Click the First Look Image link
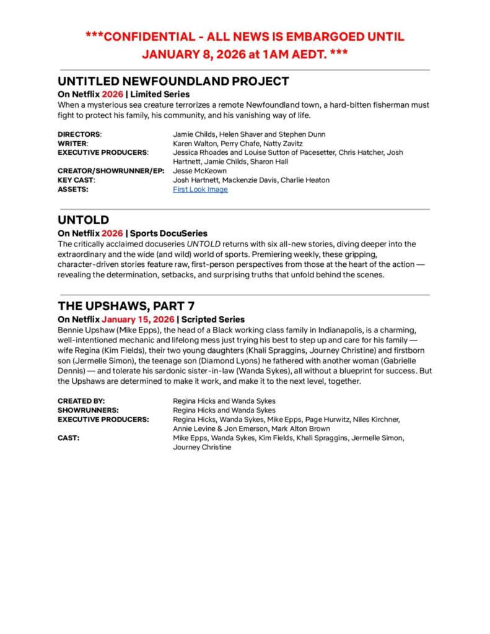pyautogui.click(x=200, y=189)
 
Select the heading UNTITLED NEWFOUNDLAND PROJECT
pyautogui.click(x=173, y=81)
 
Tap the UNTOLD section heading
pyautogui.click(x=83, y=220)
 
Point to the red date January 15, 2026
pyautogui.click(x=138, y=319)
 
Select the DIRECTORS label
pyautogui.click(x=79, y=134)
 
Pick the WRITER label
pyautogui.click(x=73, y=144)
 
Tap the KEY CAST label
pyautogui.click(x=77, y=180)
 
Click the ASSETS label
pyautogui.click(x=72, y=189)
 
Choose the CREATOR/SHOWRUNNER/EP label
pyautogui.click(x=110, y=171)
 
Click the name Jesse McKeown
pyautogui.click(x=199, y=171)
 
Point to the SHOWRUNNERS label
pyautogui.click(x=89, y=410)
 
